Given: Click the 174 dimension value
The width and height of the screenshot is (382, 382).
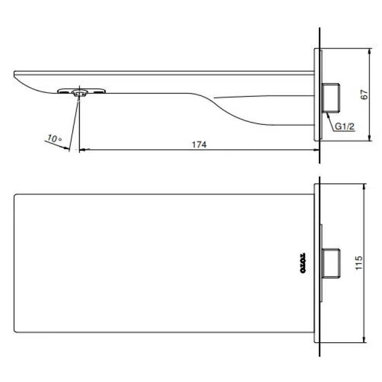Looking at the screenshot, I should tap(199, 145).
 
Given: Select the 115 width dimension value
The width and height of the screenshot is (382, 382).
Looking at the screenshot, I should tap(359, 263).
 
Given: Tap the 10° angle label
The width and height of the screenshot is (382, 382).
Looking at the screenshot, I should tap(53, 138).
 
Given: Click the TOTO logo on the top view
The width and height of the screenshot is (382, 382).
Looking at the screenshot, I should tap(304, 263).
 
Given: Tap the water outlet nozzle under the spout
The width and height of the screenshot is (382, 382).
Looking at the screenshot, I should tap(80, 93).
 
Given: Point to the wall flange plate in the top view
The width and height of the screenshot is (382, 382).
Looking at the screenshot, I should tap(317, 263).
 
